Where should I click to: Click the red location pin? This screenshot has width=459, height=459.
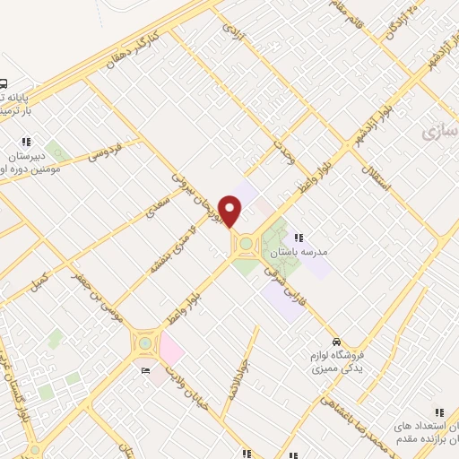tap(231, 211)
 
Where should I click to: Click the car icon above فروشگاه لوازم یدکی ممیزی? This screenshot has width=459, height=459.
tap(336, 342)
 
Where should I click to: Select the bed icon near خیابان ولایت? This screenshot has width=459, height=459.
tap(145, 369)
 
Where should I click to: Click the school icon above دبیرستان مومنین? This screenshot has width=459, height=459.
tap(26, 141)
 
